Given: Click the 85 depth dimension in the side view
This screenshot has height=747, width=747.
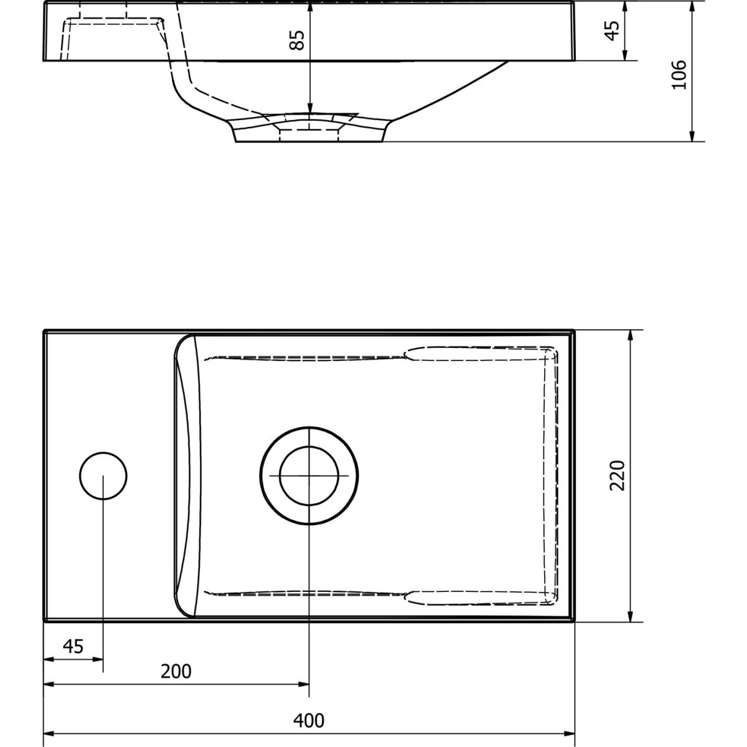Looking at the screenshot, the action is pyautogui.click(x=297, y=40).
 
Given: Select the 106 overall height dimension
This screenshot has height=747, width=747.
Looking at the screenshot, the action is pyautogui.click(x=679, y=75).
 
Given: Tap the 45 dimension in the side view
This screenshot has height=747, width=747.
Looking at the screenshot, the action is pyautogui.click(x=613, y=31).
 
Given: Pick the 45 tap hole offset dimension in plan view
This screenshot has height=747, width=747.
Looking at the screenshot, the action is pyautogui.click(x=73, y=646).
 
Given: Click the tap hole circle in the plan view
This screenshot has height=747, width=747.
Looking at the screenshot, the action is pyautogui.click(x=103, y=453).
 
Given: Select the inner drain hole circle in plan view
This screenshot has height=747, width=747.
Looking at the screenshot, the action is pyautogui.click(x=309, y=446).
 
